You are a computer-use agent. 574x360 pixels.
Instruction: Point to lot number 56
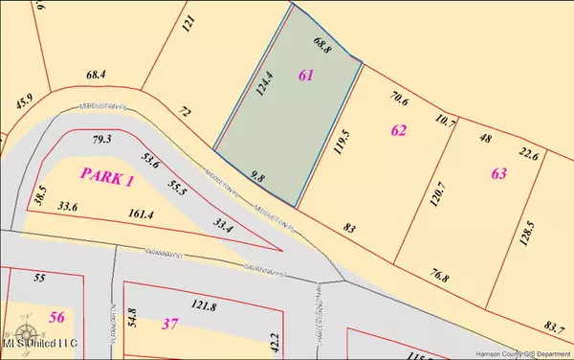point(56,318)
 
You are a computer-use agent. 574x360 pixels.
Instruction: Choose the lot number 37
point(171,324)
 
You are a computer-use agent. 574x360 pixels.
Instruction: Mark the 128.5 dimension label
point(524,232)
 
